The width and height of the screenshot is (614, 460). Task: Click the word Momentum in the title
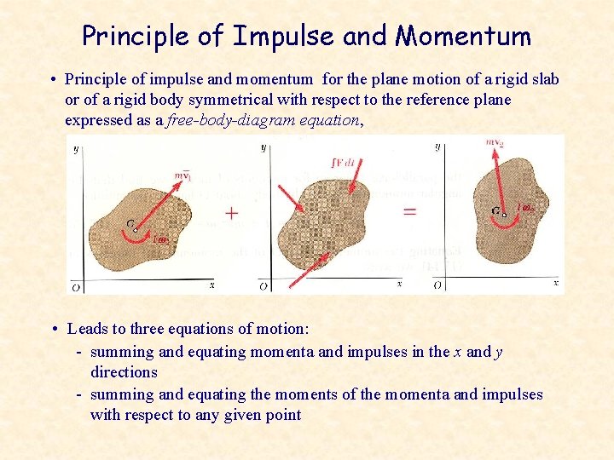click(x=463, y=36)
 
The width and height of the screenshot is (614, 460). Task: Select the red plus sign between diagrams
click(x=231, y=212)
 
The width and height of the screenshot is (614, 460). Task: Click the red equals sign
click(x=410, y=210)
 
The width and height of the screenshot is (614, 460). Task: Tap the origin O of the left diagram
click(x=76, y=288)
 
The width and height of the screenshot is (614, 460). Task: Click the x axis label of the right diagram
click(x=556, y=282)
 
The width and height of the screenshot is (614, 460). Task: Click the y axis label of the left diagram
click(x=76, y=149)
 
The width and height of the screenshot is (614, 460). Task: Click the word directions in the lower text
click(x=124, y=372)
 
